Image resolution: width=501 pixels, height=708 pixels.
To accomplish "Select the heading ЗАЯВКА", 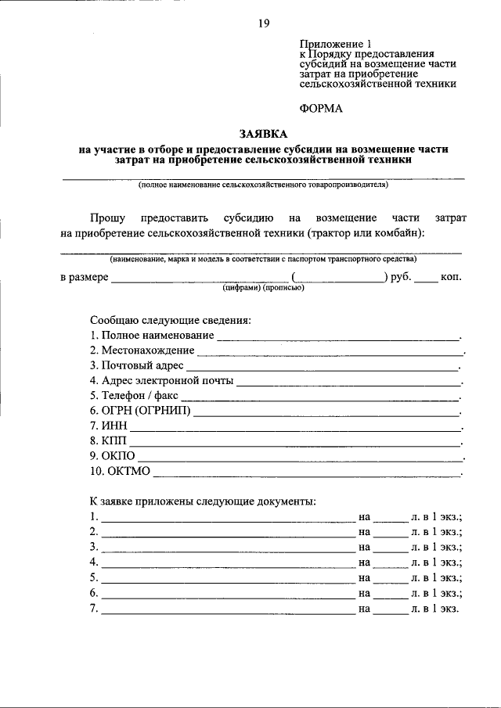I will tap(263, 135).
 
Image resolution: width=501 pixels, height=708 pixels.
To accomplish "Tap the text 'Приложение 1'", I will tap(332, 45).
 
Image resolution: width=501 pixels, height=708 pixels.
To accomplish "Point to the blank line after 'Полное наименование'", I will tap(338, 338).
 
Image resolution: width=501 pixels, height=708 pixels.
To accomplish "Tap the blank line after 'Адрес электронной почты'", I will tap(348, 383).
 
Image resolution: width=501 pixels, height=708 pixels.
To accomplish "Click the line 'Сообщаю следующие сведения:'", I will tap(170, 321).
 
